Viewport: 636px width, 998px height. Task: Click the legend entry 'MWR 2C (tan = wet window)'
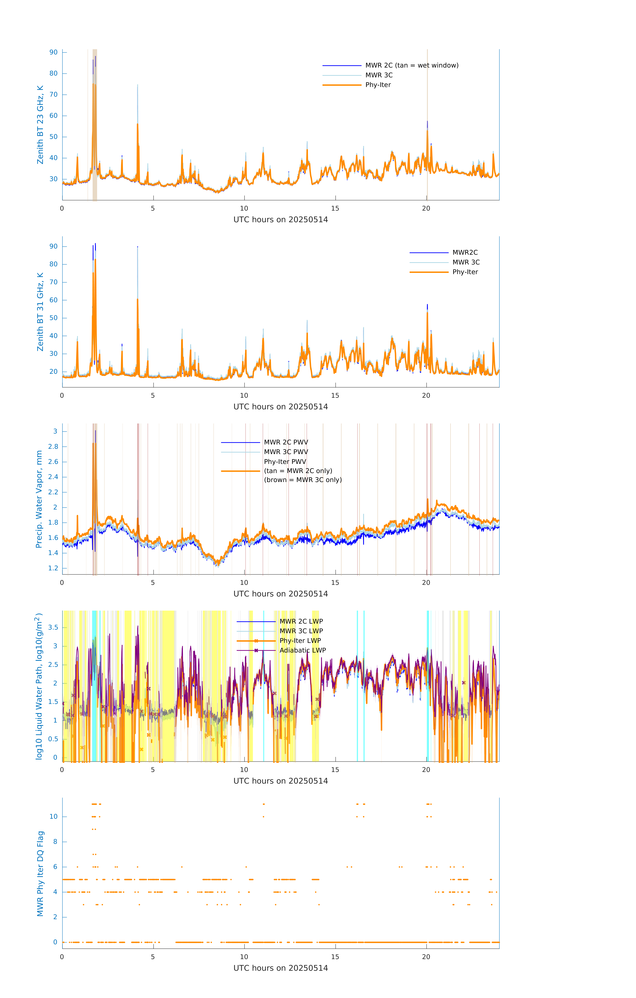coord(411,66)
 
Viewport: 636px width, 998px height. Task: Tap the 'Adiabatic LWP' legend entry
coord(302,650)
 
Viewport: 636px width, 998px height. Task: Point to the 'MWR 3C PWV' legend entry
coord(286,452)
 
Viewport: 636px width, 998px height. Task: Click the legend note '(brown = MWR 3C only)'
coord(303,480)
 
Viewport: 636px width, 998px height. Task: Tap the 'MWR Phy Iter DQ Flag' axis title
coord(40,874)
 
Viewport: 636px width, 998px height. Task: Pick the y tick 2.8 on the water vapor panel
coord(53,447)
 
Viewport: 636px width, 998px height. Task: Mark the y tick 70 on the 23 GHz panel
coord(53,94)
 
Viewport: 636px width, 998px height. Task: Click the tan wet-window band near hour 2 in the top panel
coord(94,124)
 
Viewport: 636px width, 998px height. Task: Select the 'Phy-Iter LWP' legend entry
coord(300,641)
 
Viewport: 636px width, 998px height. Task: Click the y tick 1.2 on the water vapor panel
coord(53,568)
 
